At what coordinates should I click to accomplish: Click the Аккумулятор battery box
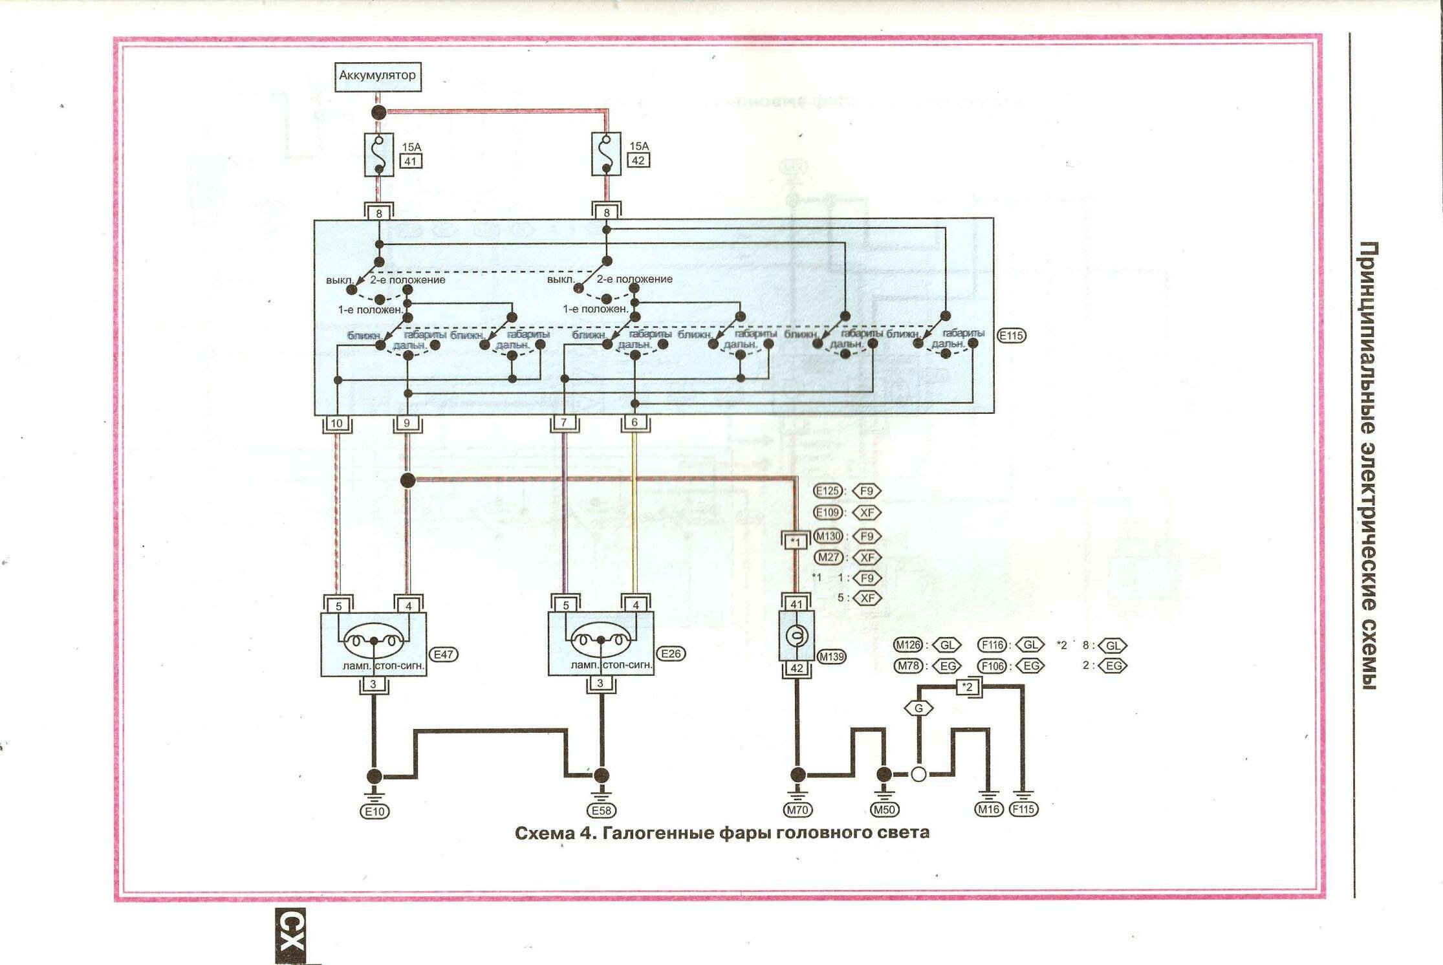(x=378, y=76)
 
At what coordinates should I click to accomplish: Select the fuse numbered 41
(x=379, y=155)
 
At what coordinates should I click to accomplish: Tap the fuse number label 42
(x=638, y=161)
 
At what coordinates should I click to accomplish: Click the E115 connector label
(x=1011, y=336)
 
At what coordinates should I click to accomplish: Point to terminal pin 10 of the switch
(x=336, y=424)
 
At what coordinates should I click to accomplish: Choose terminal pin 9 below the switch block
(x=407, y=423)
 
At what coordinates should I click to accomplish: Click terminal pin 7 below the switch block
(x=565, y=423)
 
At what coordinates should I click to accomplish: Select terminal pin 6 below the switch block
(x=635, y=422)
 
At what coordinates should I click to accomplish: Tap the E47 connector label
(x=443, y=655)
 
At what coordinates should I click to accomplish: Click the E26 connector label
(x=671, y=654)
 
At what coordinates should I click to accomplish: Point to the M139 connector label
(x=831, y=657)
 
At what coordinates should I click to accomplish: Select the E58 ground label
(x=602, y=811)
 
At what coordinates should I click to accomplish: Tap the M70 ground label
(x=797, y=810)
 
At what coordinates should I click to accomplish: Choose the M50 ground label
(x=884, y=810)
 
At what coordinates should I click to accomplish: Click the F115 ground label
(x=1023, y=809)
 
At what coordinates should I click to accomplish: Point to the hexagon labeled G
(x=918, y=708)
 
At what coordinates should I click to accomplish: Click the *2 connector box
(x=968, y=688)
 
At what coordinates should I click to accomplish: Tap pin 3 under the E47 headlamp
(x=373, y=684)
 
